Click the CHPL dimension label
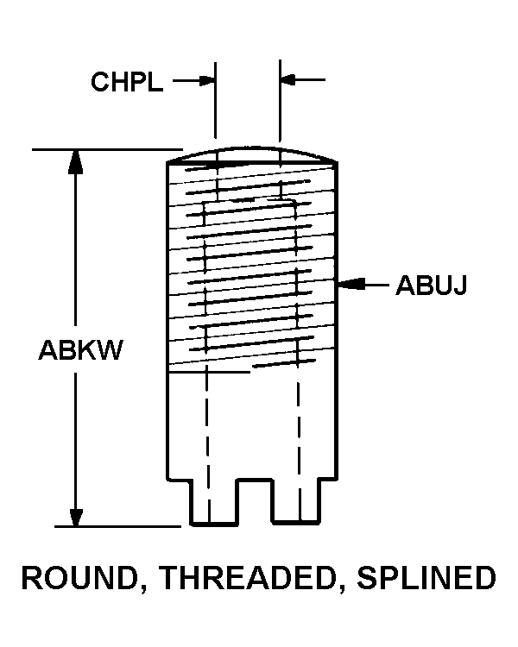coord(126,82)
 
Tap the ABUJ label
coord(431,285)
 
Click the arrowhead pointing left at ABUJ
coord(349,284)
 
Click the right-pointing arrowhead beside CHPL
coord(207,80)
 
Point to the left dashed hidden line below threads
coord(207,431)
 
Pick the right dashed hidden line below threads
coord(299,431)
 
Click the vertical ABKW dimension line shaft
coord(77,259)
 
